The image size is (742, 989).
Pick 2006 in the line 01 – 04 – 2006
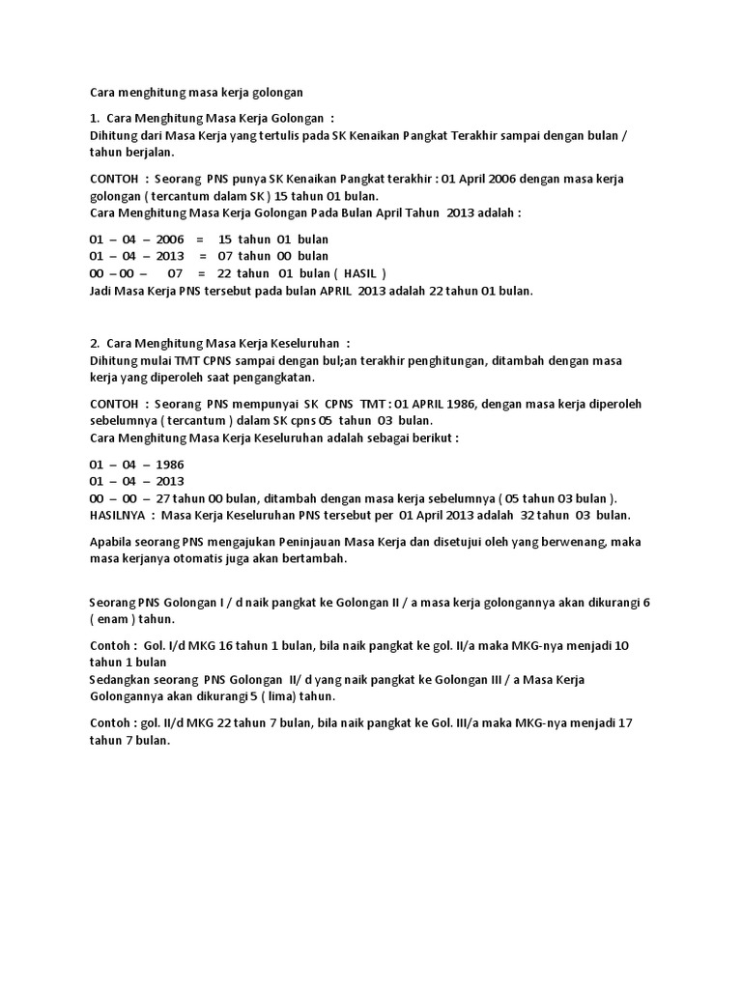[168, 239]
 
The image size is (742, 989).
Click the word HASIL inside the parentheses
[359, 272]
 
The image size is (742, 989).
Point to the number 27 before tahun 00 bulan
[163, 496]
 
